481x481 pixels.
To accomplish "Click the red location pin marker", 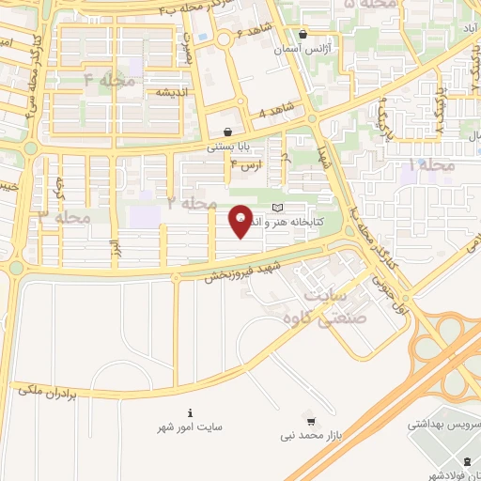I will point(240,222).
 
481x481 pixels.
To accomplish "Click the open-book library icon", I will point(276,208).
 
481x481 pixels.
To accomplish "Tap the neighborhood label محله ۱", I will point(433,164).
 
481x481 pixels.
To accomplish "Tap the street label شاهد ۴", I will point(275,113).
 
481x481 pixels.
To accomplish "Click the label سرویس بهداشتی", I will point(442,425).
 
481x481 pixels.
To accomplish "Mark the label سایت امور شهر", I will point(191,427).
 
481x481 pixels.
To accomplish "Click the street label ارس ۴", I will point(247,165).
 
